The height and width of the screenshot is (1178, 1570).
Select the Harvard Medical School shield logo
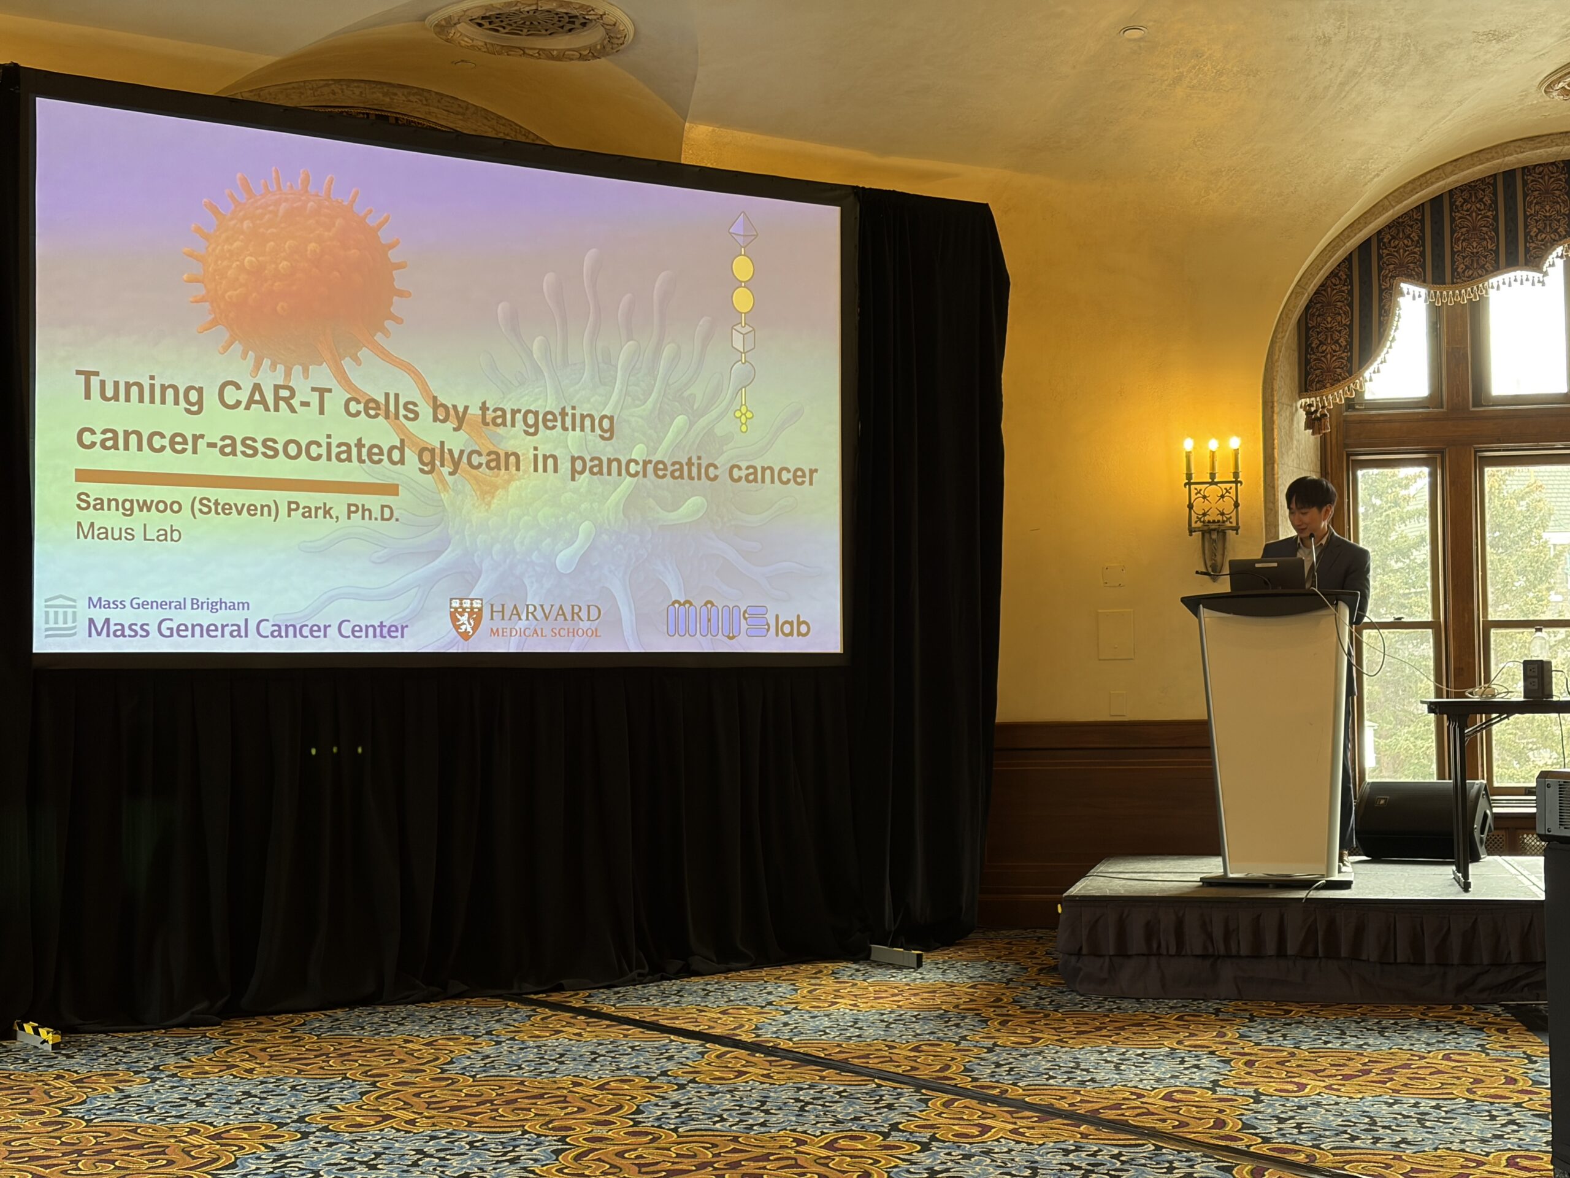(465, 618)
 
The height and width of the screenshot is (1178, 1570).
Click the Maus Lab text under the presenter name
(128, 532)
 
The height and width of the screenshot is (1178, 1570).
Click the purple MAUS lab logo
(738, 620)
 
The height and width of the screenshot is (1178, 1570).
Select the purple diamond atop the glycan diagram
(743, 229)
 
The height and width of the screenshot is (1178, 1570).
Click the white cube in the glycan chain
(743, 339)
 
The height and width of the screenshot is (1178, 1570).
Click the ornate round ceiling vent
(529, 28)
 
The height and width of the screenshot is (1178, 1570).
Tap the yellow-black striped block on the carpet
(37, 1034)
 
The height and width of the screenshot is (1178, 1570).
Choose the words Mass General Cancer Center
(247, 628)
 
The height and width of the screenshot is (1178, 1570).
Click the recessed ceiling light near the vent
(1133, 32)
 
